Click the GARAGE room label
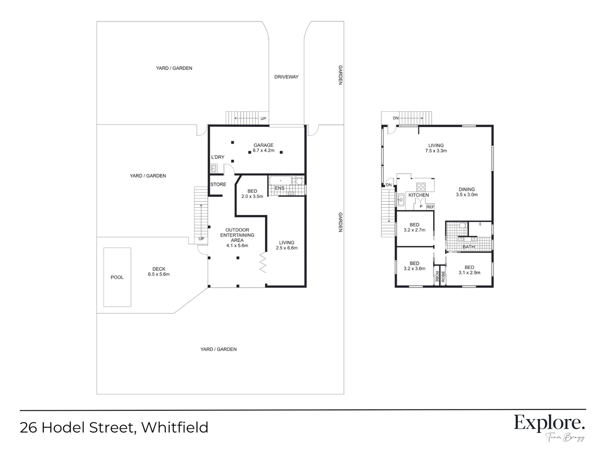263,145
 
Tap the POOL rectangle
117,277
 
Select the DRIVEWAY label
286,77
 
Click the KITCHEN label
419,195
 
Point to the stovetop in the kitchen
421,187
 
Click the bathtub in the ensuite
281,181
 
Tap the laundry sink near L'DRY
213,169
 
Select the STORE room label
218,185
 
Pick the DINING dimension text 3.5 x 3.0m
467,195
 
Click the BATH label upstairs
468,247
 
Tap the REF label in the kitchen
430,207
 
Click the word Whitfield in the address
175,428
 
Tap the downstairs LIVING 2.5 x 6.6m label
287,245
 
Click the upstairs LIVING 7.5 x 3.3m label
436,148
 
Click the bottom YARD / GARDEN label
218,349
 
